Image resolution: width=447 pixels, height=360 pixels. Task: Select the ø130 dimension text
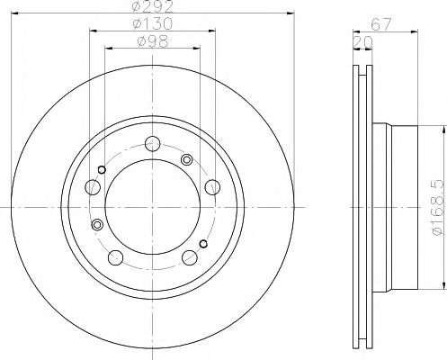point(153,24)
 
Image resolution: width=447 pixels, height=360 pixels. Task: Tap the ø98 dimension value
point(153,41)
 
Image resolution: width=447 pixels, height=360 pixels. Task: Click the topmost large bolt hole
point(153,142)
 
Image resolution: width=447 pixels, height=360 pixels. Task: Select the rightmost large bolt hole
point(212,185)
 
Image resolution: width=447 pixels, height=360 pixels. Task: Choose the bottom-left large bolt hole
point(116,257)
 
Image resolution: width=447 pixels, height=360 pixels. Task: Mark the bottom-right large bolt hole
point(190,257)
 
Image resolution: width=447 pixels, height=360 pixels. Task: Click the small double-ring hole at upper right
point(187,159)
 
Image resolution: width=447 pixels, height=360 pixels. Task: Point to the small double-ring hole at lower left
point(97,225)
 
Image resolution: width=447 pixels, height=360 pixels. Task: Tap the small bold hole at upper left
point(102,171)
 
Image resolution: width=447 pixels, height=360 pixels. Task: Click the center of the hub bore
point(153,206)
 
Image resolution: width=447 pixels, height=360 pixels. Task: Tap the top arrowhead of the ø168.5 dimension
point(443,131)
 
